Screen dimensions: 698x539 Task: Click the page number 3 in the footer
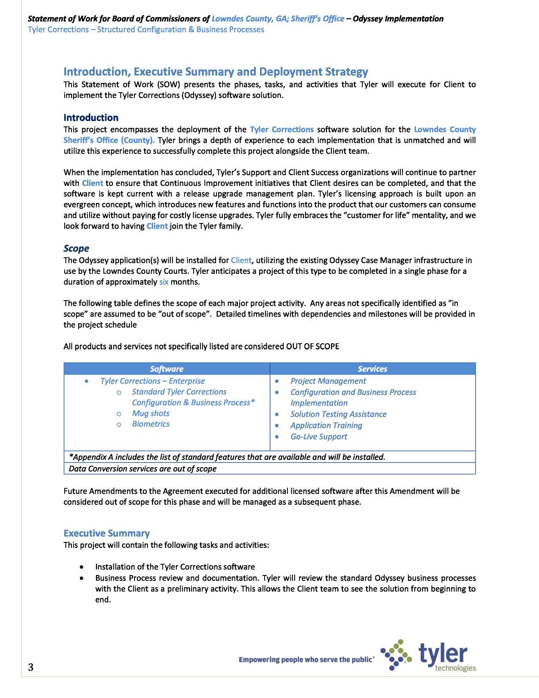[x=30, y=667]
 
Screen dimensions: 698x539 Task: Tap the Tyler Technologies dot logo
[x=396, y=655]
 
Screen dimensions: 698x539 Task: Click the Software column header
[x=167, y=369]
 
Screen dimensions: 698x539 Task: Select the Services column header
[x=372, y=369]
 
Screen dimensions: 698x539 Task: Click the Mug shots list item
[x=150, y=413]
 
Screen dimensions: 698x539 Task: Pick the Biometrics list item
[x=150, y=424]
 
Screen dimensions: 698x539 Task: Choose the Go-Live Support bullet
[x=318, y=437]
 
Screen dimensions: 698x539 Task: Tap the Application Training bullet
[x=326, y=425]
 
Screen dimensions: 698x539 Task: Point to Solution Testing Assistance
[x=338, y=414]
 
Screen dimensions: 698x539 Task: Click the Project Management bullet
[x=328, y=381]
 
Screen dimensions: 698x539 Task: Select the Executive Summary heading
[x=107, y=533]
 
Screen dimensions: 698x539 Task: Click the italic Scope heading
[x=76, y=248]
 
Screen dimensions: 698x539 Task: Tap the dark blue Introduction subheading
[x=91, y=118]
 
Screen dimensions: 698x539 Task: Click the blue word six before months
[x=164, y=282]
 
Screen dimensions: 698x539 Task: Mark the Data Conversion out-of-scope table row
[x=142, y=469]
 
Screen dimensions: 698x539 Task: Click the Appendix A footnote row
[x=227, y=457]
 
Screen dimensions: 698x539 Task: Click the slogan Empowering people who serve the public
[x=306, y=659]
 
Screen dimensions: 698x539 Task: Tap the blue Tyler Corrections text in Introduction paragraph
[x=282, y=129]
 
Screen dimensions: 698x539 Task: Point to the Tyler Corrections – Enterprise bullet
[x=152, y=381]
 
